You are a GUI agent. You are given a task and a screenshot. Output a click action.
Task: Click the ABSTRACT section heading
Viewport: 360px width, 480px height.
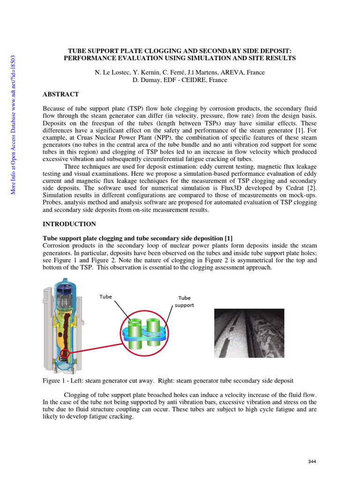(60, 95)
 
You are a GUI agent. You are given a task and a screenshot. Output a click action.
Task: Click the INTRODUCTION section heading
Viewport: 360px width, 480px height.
(69, 224)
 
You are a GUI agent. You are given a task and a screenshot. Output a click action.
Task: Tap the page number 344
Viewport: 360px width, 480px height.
(312, 462)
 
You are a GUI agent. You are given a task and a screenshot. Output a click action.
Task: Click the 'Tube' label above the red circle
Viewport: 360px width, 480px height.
(105, 297)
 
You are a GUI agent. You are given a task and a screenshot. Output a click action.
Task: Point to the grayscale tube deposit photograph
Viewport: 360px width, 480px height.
(249, 333)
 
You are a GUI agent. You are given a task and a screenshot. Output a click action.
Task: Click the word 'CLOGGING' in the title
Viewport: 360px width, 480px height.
(158, 50)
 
